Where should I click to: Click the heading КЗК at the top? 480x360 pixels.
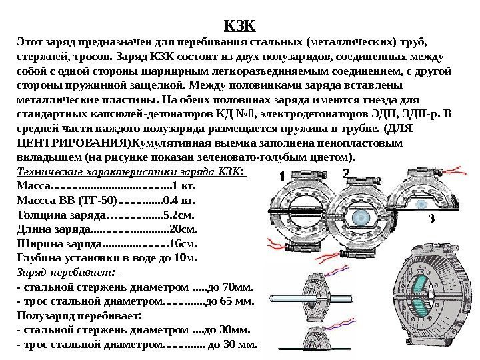pos(240,26)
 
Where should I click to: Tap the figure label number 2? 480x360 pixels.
pos(345,173)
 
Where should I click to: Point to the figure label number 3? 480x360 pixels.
pos(432,219)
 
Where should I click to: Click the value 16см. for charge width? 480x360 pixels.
pos(185,242)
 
